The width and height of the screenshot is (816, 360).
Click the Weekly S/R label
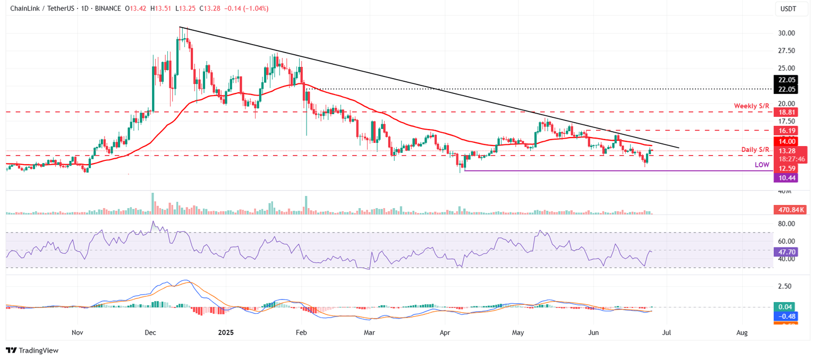click(752, 106)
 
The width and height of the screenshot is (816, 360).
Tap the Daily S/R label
click(755, 149)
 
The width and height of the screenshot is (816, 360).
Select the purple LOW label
click(762, 165)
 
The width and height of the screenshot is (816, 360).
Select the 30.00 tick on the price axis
click(786, 33)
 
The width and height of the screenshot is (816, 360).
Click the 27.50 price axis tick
click(786, 50)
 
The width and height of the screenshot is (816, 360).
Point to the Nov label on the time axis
click(78, 332)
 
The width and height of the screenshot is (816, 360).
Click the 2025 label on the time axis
click(225, 332)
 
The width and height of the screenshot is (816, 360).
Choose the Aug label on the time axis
click(742, 332)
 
